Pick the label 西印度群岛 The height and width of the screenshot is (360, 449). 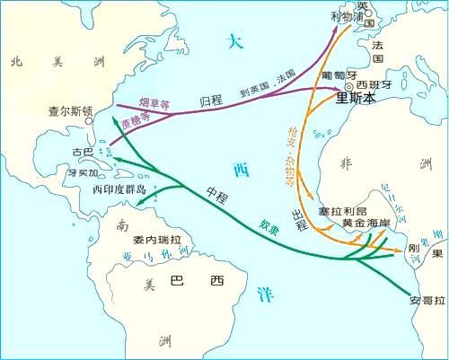pyautogui.click(x=119, y=191)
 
